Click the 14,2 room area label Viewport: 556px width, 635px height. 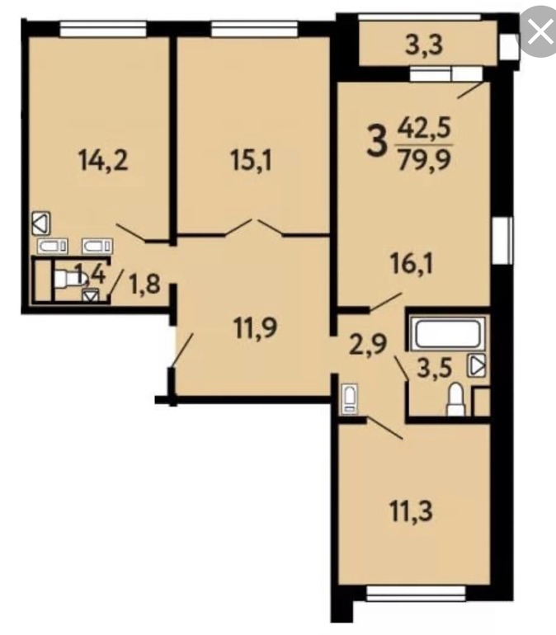(x=105, y=161)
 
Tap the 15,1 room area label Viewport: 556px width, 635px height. (x=252, y=161)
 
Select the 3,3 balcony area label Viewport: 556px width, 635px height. (x=424, y=45)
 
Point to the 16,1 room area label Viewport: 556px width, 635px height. (x=412, y=265)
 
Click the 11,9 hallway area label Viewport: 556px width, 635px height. (x=256, y=327)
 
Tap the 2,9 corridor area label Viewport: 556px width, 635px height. (x=369, y=344)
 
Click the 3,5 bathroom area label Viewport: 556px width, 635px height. (x=434, y=368)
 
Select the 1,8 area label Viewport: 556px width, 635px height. (x=144, y=284)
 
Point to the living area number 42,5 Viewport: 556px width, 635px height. (x=424, y=129)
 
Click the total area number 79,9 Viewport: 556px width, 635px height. (x=424, y=159)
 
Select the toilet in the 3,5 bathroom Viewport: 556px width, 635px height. (x=455, y=400)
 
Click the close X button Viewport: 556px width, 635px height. (x=540, y=32)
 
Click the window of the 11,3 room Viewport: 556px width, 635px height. (x=416, y=592)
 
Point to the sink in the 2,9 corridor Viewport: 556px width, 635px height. (x=350, y=399)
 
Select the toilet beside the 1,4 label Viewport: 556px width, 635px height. (x=68, y=279)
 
